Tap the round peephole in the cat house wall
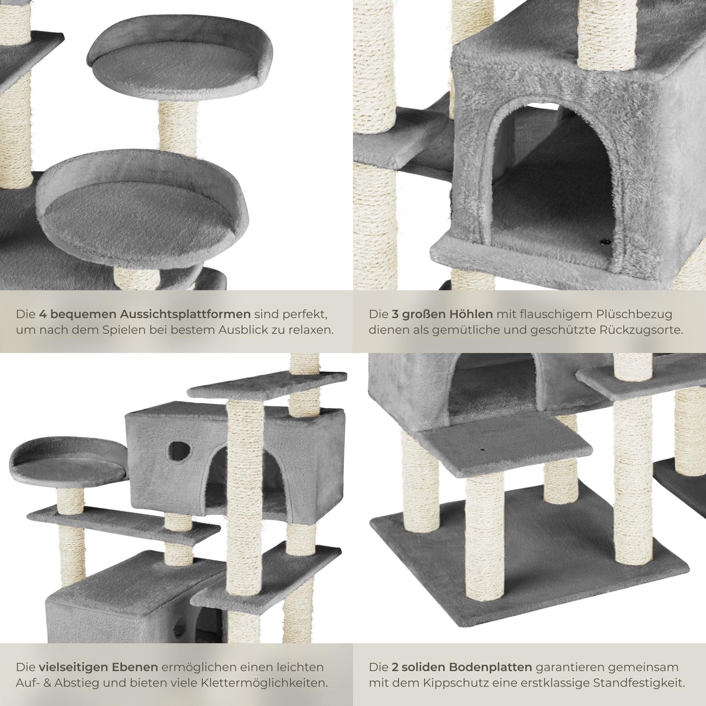point(179,451)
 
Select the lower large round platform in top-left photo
point(142,210)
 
